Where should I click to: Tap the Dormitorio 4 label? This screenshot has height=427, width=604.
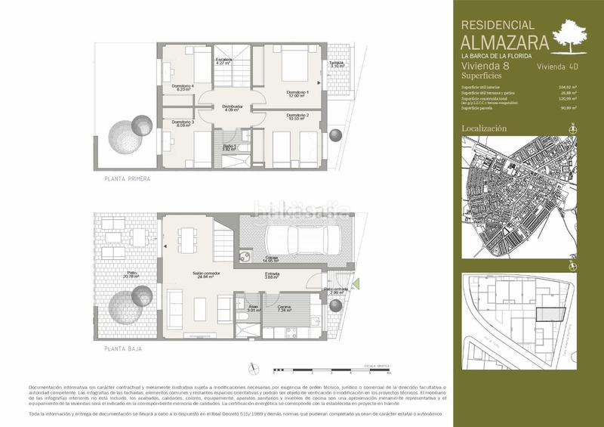183,88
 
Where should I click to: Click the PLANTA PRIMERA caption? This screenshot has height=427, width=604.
128,179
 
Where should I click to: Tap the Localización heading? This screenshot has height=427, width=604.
484,128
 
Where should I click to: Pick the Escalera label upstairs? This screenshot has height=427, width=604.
223,60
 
